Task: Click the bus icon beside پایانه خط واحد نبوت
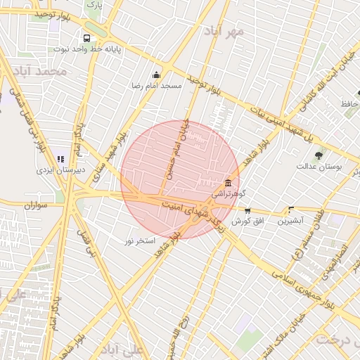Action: pyautogui.click(x=86, y=39)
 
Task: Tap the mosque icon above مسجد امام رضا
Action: pyautogui.click(x=156, y=75)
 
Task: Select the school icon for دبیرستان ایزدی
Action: pyautogui.click(x=61, y=159)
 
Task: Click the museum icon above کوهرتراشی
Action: pyautogui.click(x=227, y=181)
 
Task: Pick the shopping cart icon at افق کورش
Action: pyautogui.click(x=247, y=210)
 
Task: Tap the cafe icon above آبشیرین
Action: pyautogui.click(x=290, y=210)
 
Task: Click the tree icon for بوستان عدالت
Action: pyautogui.click(x=319, y=155)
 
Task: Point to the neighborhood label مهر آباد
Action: pyautogui.click(x=224, y=32)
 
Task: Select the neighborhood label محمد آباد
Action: pyautogui.click(x=44, y=72)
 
